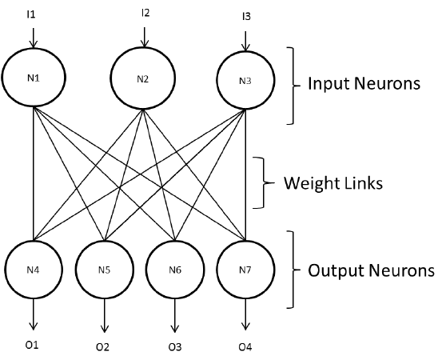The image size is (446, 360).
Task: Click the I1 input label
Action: tap(30, 14)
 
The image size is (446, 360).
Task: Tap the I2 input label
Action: tap(145, 13)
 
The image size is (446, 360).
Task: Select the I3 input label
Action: tap(246, 17)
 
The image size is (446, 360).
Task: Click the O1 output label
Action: tap(32, 346)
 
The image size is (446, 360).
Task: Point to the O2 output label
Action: tap(102, 347)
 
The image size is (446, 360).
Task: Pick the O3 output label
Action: tap(175, 347)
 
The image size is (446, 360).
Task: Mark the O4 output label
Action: tap(245, 347)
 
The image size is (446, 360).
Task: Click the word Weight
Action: tap(311, 183)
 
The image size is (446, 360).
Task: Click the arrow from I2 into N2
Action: tap(145, 37)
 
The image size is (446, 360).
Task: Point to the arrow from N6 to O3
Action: tap(175, 315)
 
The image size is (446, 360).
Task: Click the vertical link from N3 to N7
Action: tap(245, 174)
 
